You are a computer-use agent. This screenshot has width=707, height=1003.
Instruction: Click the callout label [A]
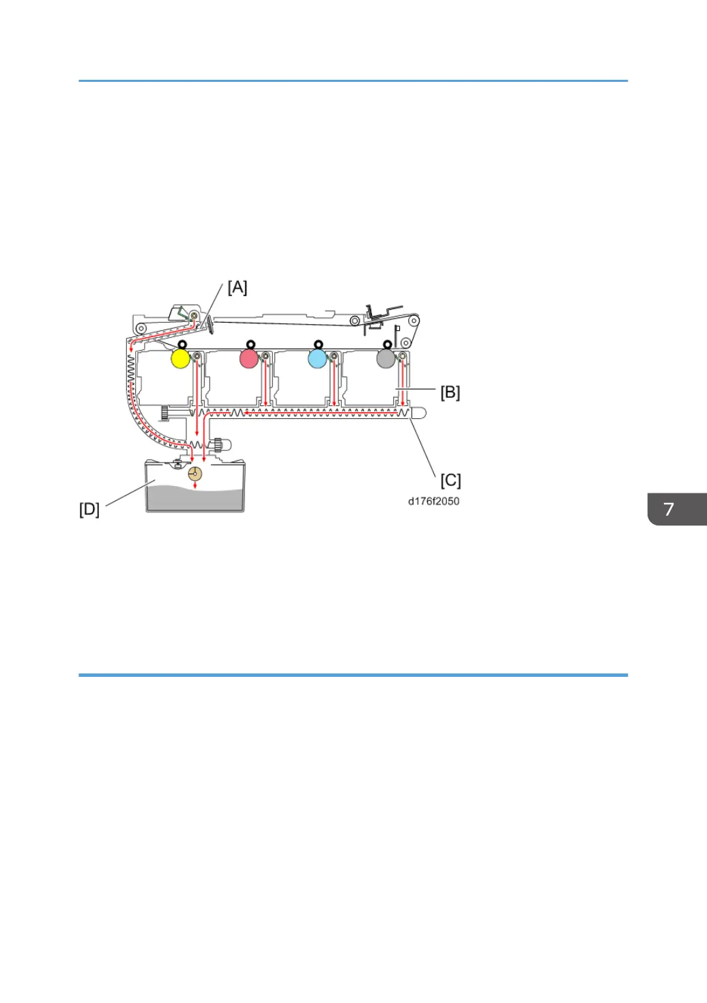point(237,287)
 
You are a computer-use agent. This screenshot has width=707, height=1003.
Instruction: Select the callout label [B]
point(450,392)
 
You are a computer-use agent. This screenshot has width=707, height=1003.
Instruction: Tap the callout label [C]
point(450,480)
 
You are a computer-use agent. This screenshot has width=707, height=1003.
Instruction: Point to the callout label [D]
point(89,509)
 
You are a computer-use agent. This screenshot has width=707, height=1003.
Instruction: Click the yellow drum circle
point(180,359)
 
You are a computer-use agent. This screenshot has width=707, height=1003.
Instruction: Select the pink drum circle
point(249,359)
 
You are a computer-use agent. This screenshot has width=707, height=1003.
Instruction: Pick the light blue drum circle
point(317,359)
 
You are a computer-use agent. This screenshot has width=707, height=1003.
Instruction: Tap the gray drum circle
point(386,359)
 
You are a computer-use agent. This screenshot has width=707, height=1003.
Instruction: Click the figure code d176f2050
point(433,501)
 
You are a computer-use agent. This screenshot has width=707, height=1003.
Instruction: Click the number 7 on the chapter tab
point(669,509)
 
